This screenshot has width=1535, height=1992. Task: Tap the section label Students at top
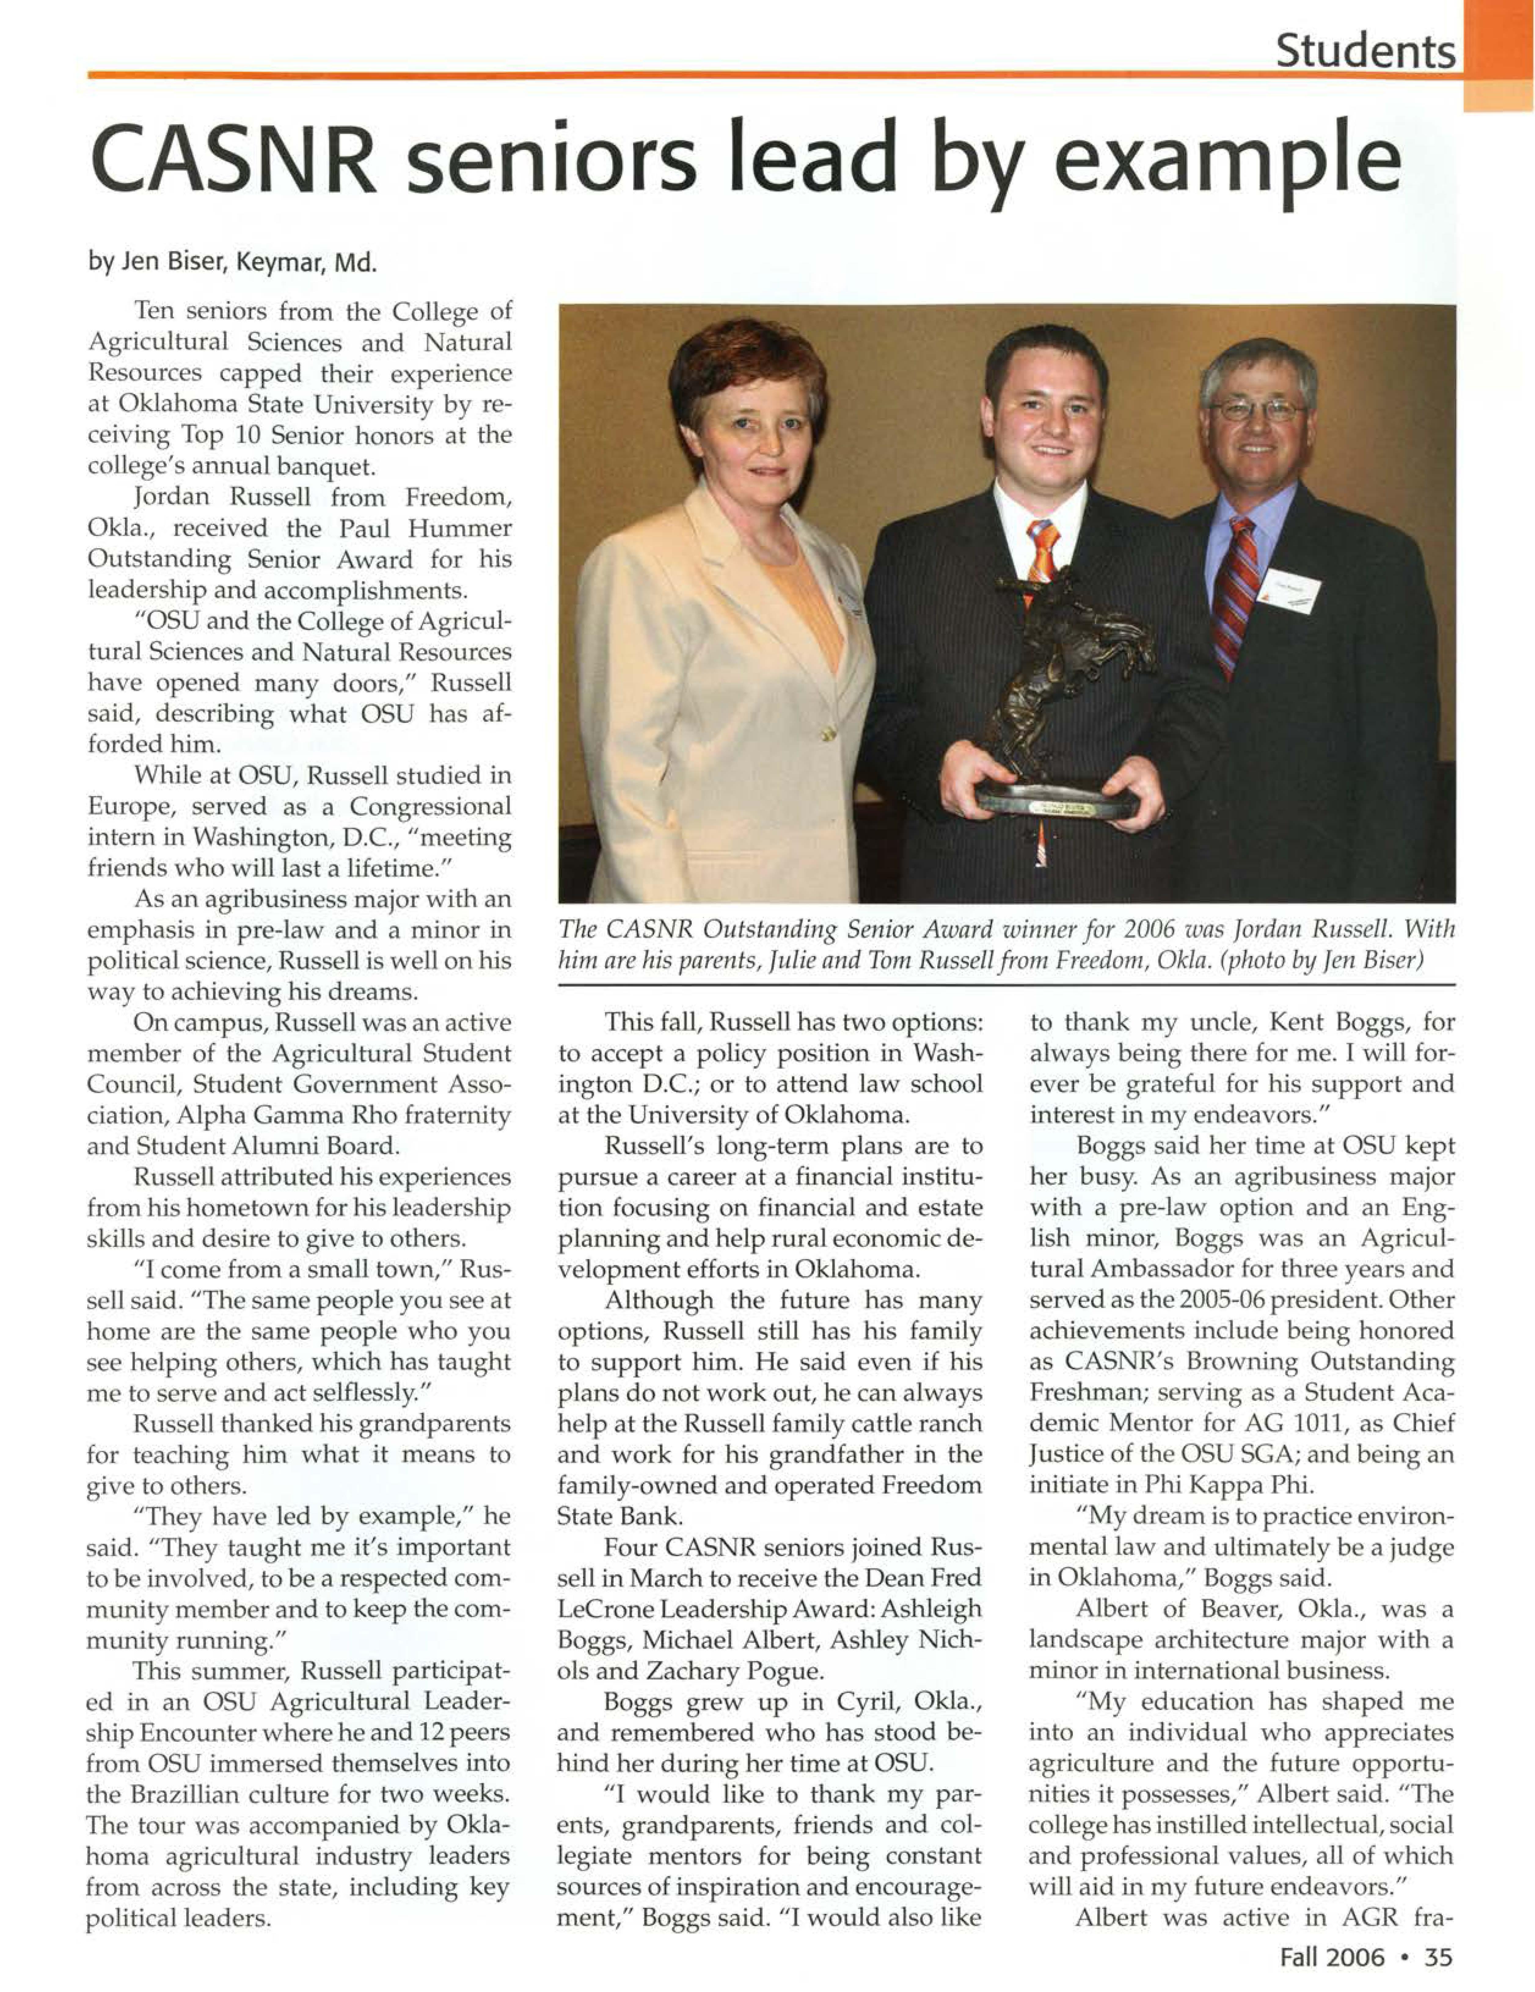coord(1364,51)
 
